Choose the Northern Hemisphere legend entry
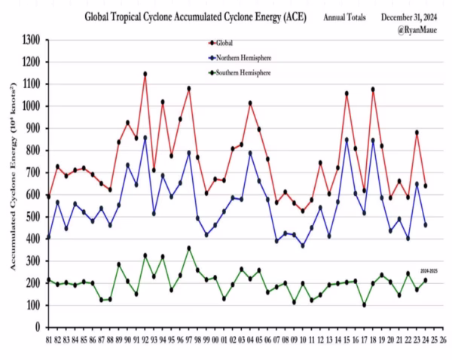[x=242, y=57]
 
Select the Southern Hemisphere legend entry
[x=242, y=72]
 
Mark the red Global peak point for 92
[x=145, y=74]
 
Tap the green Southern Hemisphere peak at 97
[x=188, y=248]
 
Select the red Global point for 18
[x=373, y=90]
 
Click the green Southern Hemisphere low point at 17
[x=364, y=304]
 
